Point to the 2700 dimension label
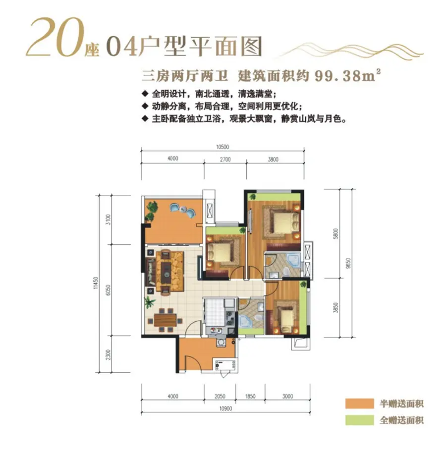[224, 159]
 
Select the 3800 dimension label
[273, 159]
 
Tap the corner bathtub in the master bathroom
[293, 260]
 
